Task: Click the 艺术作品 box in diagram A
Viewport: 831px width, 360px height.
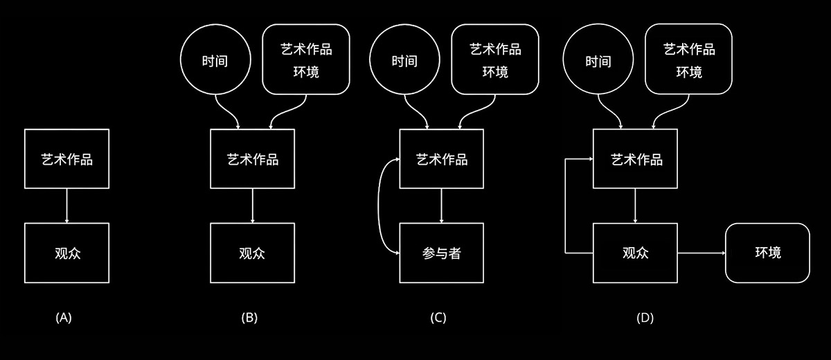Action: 66,159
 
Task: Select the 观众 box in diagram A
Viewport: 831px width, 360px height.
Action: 66,253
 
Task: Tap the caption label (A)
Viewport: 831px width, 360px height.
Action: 64,318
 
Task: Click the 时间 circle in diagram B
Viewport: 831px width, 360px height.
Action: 215,60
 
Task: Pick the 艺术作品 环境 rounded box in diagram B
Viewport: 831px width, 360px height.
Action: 305,59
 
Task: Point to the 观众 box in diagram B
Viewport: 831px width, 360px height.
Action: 252,253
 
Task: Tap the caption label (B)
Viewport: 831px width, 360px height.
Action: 249,318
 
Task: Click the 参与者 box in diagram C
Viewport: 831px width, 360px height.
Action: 442,253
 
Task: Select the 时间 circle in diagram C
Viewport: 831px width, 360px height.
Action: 404,60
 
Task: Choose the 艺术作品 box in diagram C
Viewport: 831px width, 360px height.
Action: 442,159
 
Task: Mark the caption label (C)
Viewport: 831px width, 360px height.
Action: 438,318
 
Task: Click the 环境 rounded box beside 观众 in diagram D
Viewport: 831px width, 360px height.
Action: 767,253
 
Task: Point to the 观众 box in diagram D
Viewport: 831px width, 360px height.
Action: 636,253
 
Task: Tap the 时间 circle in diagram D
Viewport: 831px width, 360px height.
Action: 598,60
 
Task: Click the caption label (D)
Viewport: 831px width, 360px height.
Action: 645,318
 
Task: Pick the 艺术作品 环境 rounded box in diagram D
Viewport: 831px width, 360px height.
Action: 688,59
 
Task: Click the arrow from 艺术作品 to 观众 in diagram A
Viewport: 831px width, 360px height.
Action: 66,205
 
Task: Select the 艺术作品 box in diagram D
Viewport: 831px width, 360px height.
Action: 636,159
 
